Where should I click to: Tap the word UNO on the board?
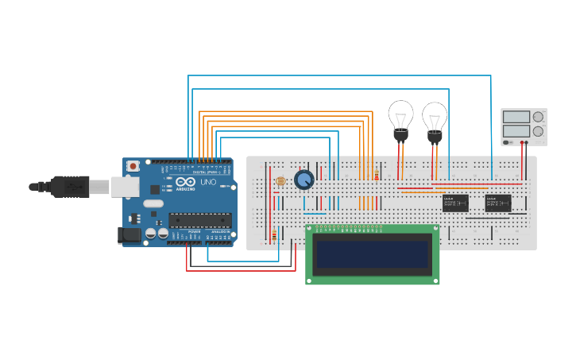pos(207,182)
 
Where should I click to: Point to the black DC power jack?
pos(126,235)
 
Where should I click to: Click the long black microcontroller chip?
pos(199,220)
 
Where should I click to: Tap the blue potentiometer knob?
pos(304,180)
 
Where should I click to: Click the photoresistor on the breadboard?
pos(280,181)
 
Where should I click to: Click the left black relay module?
pos(455,203)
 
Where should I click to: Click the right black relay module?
pos(498,203)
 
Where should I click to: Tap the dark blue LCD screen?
pos(373,254)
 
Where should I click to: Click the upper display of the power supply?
pos(516,117)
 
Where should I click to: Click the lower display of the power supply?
pos(516,130)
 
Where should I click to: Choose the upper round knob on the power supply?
pos(538,116)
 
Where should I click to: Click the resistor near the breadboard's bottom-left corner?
pos(275,235)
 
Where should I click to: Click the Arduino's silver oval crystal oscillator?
pos(154,203)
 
